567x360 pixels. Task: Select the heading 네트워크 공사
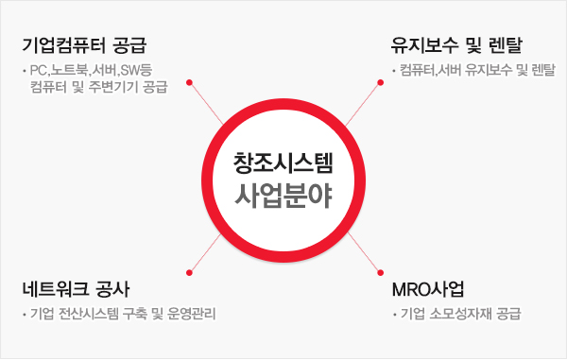79,287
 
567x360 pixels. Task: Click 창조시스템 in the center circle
283,162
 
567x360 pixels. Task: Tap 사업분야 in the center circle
283,197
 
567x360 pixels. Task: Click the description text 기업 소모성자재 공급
460,314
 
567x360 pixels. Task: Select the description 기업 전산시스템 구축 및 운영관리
121,314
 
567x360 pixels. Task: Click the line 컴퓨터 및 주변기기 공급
98,88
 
